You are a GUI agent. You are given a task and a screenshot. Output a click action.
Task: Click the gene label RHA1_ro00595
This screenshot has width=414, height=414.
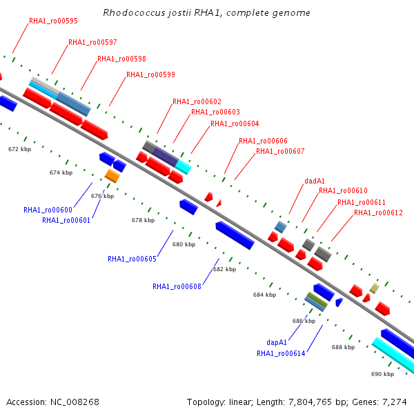pyautogui.click(x=53, y=21)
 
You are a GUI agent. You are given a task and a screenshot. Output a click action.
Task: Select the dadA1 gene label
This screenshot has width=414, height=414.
pyautogui.click(x=315, y=181)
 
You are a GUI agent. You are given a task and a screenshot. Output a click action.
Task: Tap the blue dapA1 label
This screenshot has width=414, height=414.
pyautogui.click(x=277, y=342)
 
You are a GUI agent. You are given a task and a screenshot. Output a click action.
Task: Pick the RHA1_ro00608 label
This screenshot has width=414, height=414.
pyautogui.click(x=177, y=286)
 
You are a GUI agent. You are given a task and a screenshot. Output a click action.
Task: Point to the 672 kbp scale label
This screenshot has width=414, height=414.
pyautogui.click(x=20, y=149)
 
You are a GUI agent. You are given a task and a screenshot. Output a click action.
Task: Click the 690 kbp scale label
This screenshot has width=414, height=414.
pyautogui.click(x=382, y=374)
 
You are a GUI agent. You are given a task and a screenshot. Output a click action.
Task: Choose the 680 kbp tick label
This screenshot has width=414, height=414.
pyautogui.click(x=184, y=244)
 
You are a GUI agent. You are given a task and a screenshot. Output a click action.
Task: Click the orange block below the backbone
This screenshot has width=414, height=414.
pyautogui.click(x=112, y=176)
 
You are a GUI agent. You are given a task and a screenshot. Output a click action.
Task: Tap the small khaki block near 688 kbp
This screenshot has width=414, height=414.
pyautogui.click(x=375, y=288)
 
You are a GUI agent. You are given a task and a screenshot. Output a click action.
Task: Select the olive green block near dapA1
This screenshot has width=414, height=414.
pyautogui.click(x=318, y=299)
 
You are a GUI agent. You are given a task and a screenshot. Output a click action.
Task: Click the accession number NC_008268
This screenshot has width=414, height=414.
pyautogui.click(x=75, y=402)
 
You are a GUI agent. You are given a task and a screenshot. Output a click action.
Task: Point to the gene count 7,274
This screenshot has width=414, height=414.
pyautogui.click(x=395, y=402)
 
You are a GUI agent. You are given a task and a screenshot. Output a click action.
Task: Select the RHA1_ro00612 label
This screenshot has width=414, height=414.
pyautogui.click(x=378, y=213)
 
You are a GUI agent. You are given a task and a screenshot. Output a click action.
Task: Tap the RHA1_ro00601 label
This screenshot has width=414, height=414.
pyautogui.click(x=66, y=220)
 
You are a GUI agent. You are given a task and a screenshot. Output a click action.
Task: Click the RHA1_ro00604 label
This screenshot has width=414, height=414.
pyautogui.click(x=235, y=124)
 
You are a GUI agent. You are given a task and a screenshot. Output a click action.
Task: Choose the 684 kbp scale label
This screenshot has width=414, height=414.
pyautogui.click(x=264, y=295)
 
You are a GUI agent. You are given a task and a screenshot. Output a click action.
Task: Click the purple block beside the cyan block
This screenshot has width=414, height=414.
pyautogui.click(x=166, y=157)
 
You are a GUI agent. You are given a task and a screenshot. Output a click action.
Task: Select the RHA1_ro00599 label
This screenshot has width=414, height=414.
pyautogui.click(x=150, y=75)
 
